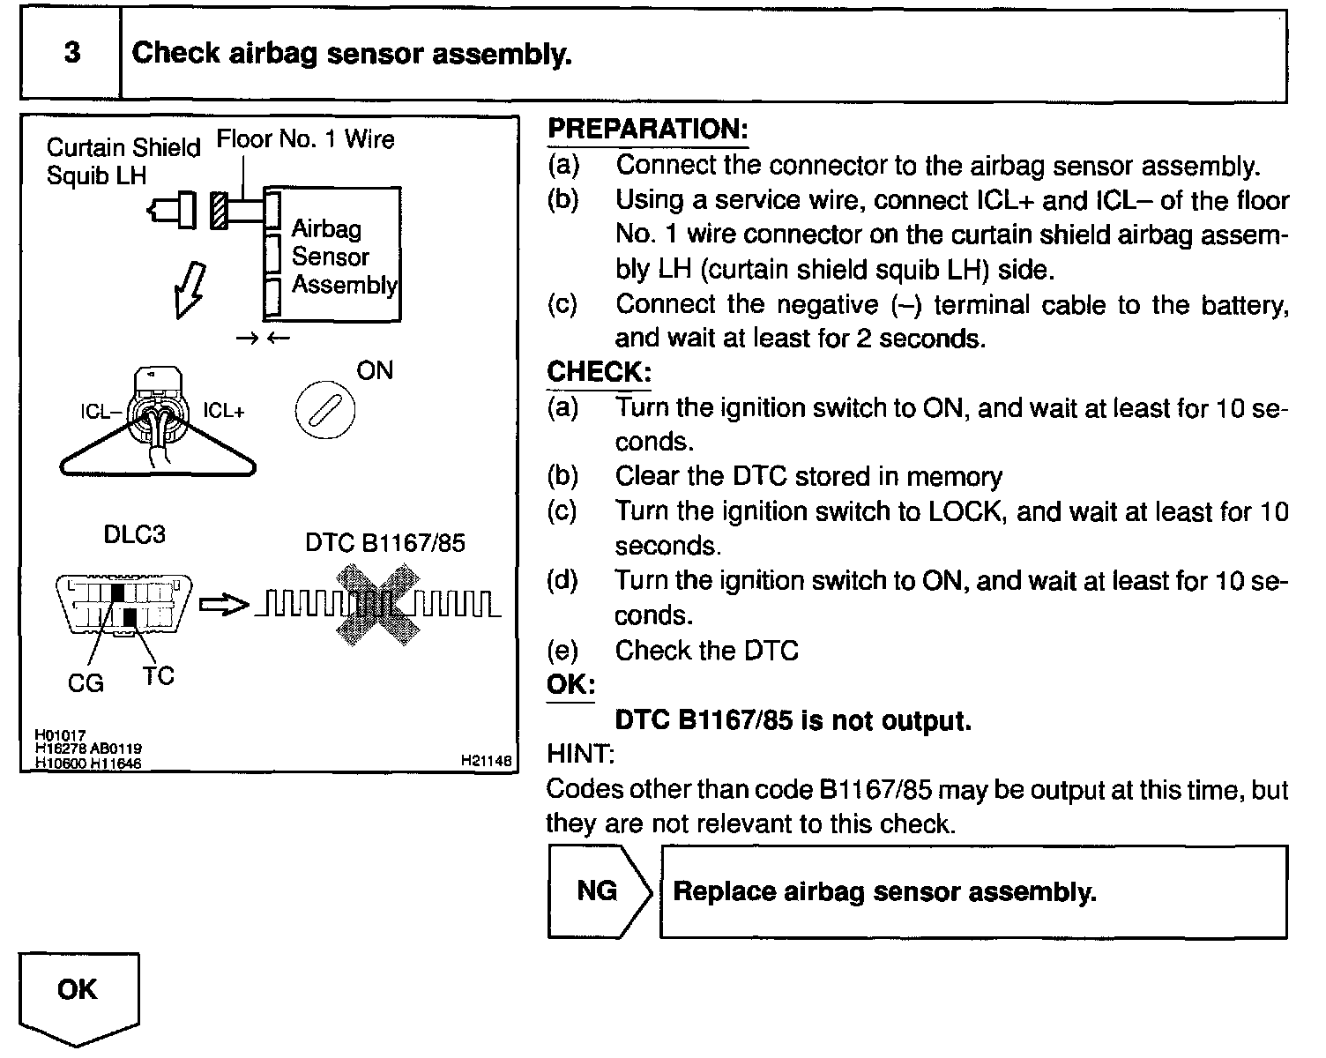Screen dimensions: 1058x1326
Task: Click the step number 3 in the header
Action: tap(71, 53)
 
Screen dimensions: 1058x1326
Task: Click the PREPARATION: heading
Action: tap(647, 130)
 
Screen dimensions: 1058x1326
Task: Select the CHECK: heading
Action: tap(598, 372)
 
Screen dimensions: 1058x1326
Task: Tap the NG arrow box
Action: tap(599, 891)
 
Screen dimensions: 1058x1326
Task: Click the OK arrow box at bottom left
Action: tap(78, 993)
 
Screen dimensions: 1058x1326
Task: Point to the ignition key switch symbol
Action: tap(324, 412)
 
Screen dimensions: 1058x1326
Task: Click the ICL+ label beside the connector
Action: tap(224, 411)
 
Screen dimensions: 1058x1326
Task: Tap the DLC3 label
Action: tap(134, 535)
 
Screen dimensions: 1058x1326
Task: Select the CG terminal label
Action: tap(86, 683)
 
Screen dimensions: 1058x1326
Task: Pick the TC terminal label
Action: tap(159, 676)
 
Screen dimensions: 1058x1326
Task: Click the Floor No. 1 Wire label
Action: tap(305, 139)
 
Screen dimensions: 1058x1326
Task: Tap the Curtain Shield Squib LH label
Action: tap(123, 161)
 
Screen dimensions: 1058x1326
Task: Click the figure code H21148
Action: tap(485, 760)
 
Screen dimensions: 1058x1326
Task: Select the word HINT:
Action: tap(580, 755)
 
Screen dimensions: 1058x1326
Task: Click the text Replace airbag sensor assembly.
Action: tap(884, 892)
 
